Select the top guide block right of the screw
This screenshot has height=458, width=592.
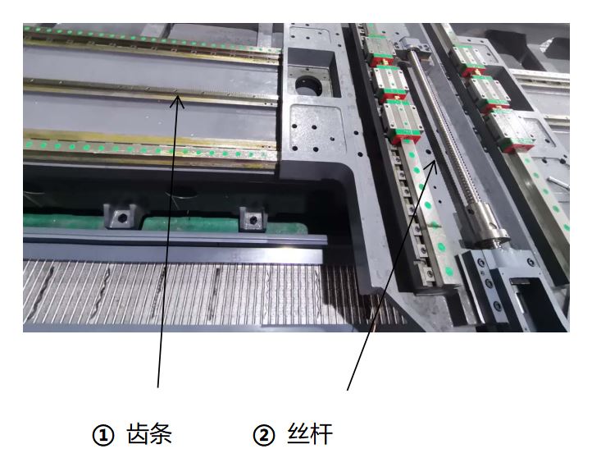point(470,55)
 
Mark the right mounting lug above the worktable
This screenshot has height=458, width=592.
point(252,219)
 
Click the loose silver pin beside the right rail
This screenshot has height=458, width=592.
point(557,176)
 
